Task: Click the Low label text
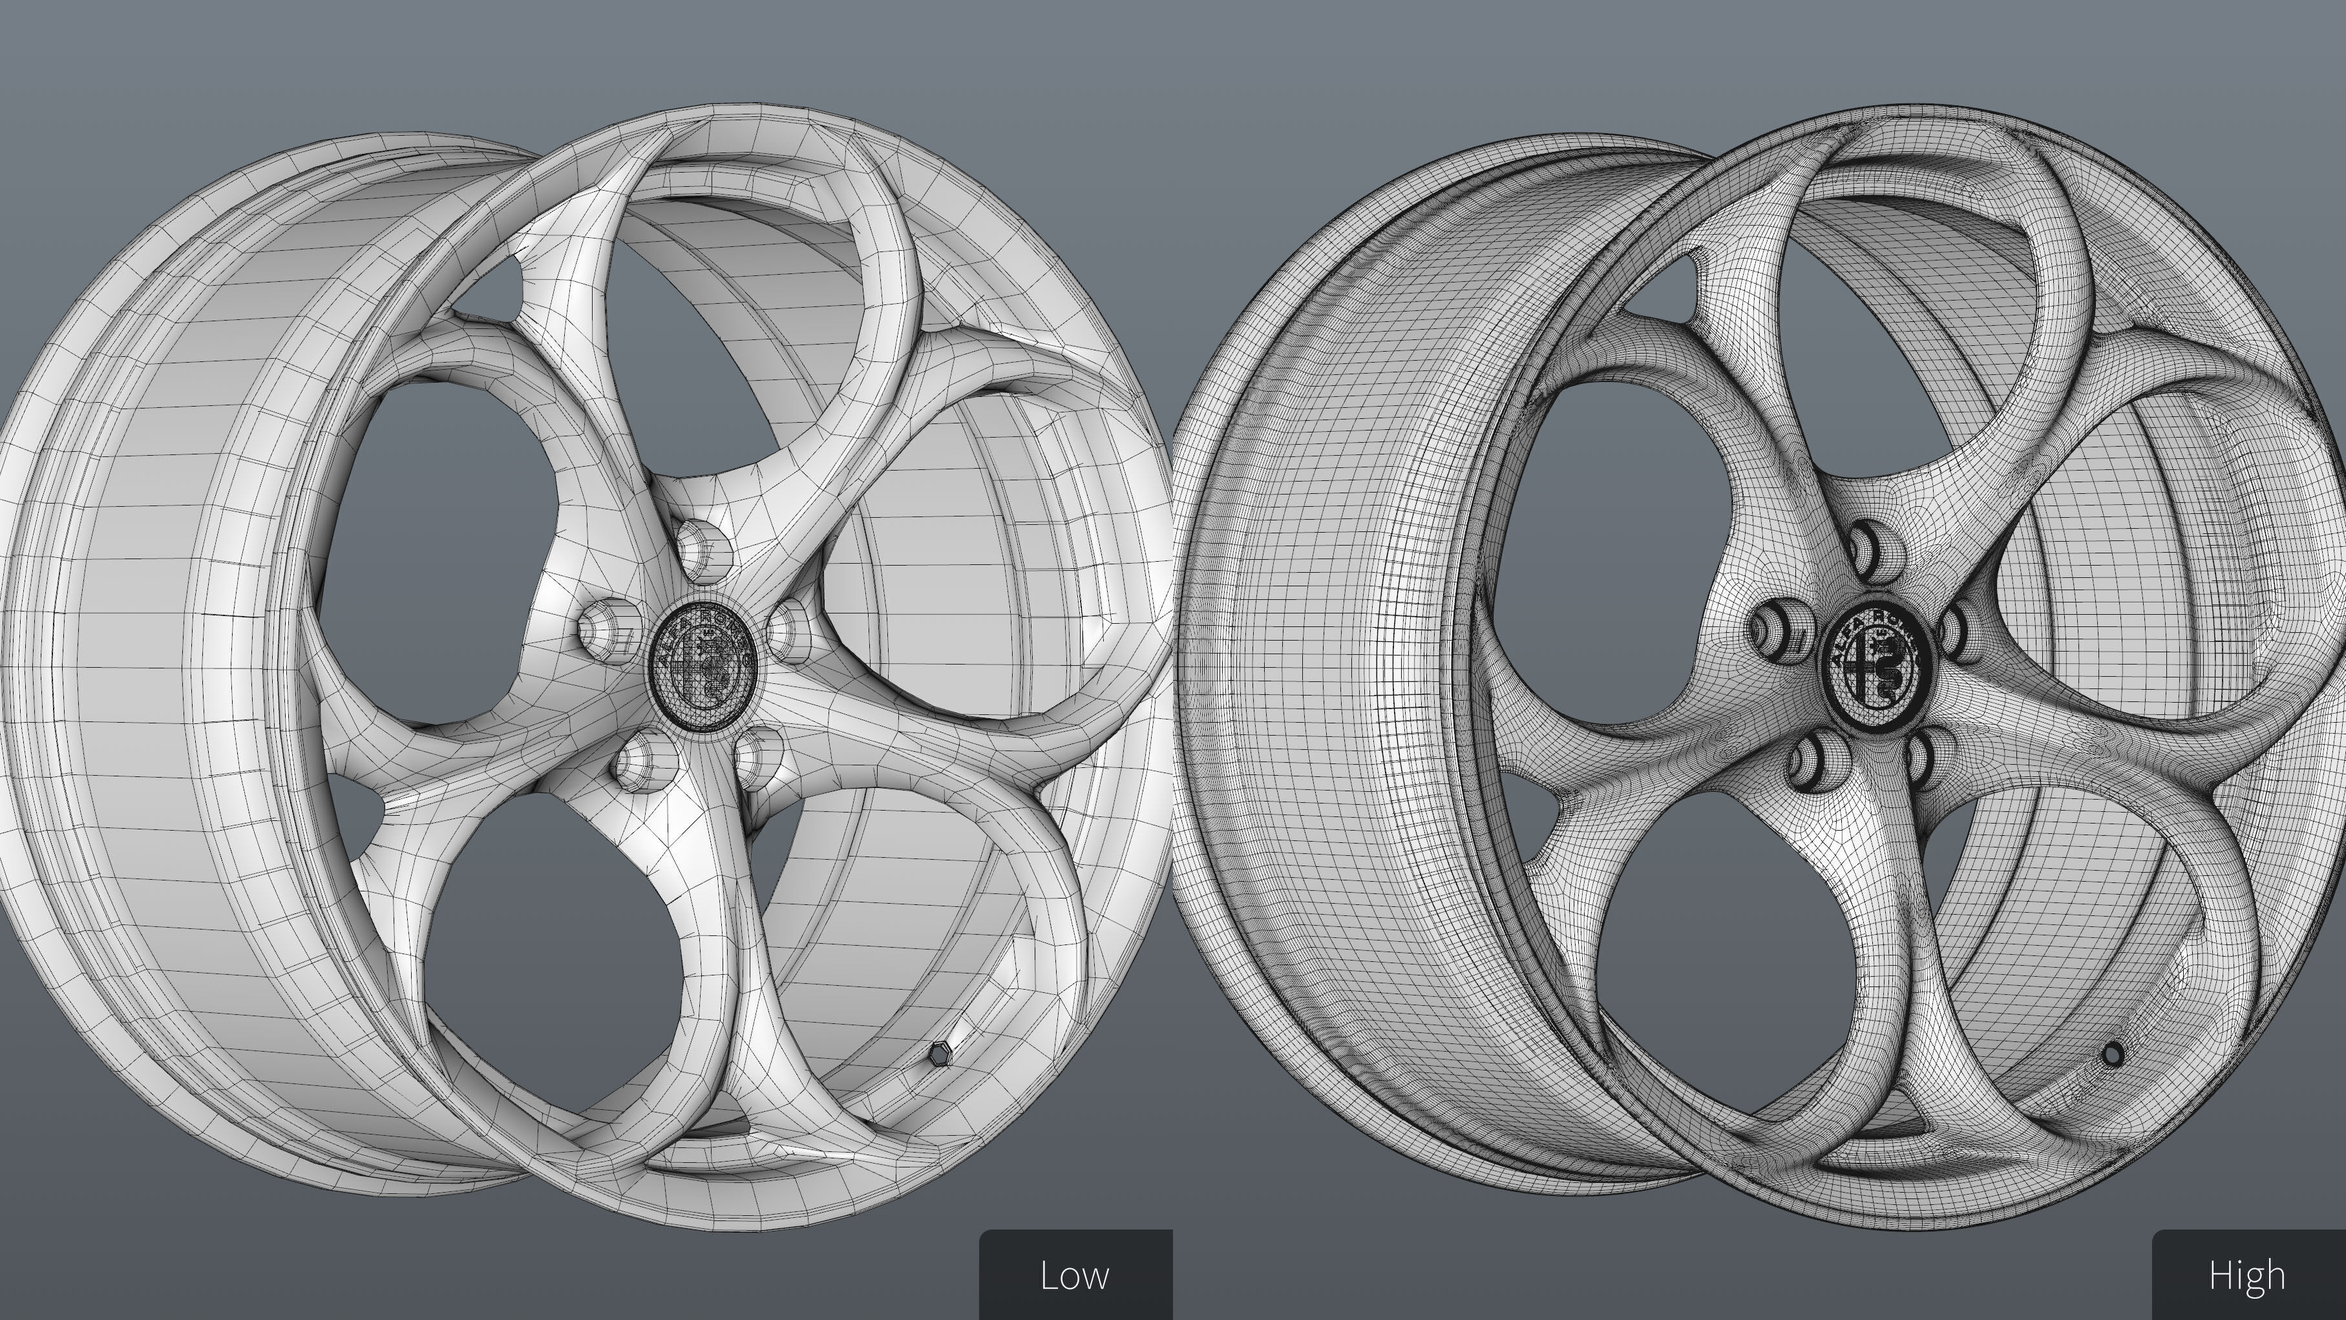(x=1075, y=1275)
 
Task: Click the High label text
(x=2246, y=1275)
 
